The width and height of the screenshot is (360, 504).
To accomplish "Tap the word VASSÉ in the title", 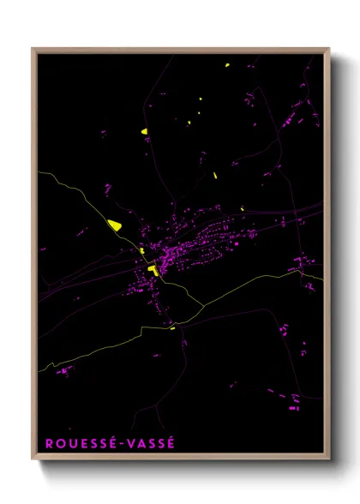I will point(151,443).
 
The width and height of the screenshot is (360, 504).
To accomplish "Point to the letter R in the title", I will point(48,443).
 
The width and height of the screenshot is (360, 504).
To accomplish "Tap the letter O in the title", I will point(59,443).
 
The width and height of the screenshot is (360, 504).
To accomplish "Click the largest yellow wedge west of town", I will point(114,225).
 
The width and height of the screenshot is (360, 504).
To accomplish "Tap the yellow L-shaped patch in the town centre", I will point(153,270).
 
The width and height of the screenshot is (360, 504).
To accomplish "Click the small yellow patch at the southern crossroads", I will point(172,327).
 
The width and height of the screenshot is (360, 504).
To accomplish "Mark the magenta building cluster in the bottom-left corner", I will point(64,371).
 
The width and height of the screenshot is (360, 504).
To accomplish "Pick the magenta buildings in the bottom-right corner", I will point(293,399).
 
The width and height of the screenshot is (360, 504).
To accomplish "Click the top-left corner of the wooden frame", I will point(33,49).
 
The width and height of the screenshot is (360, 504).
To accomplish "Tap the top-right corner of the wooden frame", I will point(329,49).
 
